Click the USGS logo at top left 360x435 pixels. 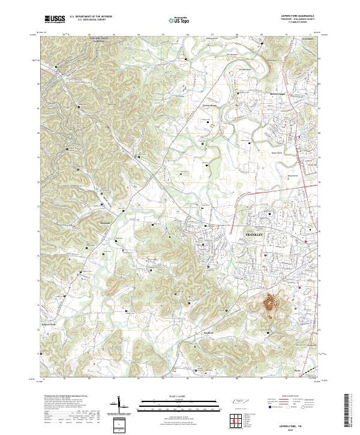pyautogui.click(x=55, y=19)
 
